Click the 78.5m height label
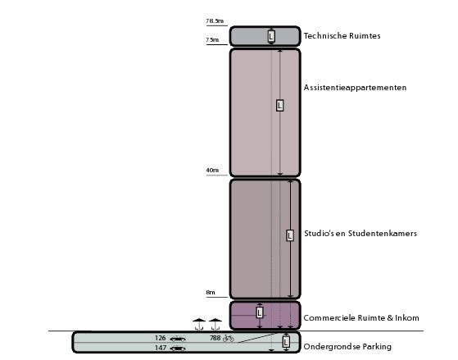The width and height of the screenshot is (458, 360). coord(215,21)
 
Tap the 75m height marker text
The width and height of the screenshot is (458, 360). coord(212,40)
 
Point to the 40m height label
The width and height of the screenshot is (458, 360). coord(212,171)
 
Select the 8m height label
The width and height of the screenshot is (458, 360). coord(211,292)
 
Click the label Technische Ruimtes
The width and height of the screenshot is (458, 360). coord(342,36)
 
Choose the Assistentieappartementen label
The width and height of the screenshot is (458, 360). coord(356,88)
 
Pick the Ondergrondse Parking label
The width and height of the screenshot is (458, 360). coord(347,347)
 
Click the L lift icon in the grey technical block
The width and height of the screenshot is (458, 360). coord(271,36)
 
